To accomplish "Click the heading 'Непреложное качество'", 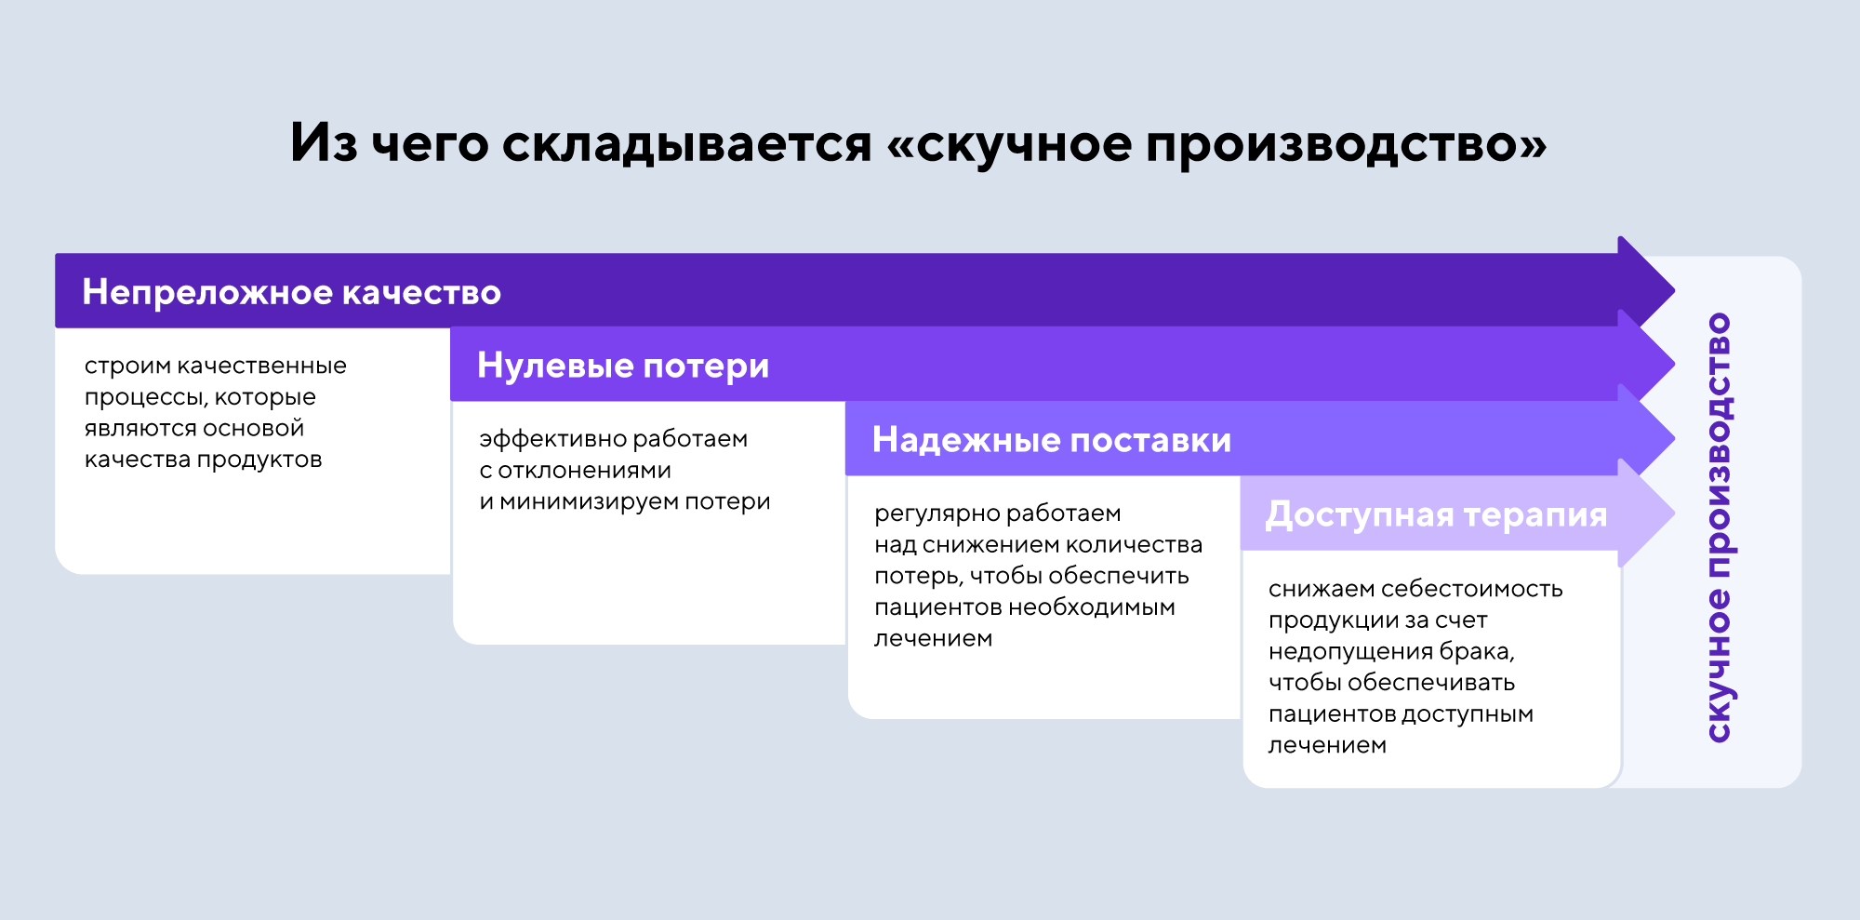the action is coord(292,292).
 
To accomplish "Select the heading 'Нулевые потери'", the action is coord(623,367).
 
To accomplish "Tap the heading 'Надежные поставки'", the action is coord(1052,440).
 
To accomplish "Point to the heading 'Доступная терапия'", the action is coord(1437,514).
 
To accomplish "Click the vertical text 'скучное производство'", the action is coord(1720,527).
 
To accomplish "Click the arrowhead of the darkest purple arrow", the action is coord(1646,290).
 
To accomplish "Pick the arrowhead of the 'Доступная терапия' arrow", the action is coord(1646,513).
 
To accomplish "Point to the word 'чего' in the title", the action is coord(430,145).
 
